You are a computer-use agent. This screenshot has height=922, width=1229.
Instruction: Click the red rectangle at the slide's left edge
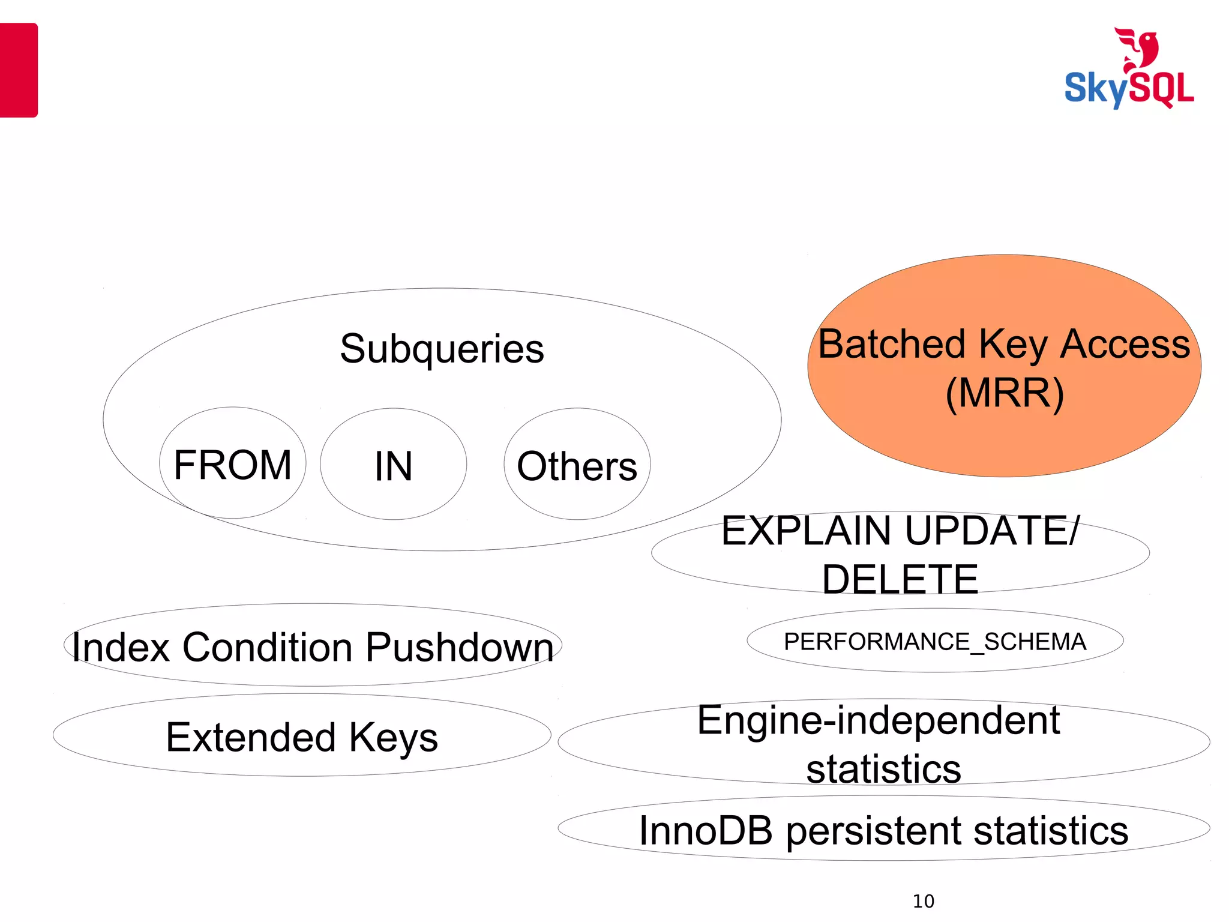coord(18,70)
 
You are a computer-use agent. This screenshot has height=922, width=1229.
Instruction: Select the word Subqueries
coord(442,349)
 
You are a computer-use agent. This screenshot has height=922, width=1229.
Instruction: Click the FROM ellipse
coord(233,463)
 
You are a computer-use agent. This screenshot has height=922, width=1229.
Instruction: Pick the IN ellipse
coord(393,465)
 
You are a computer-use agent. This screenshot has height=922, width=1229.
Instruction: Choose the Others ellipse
coord(577,465)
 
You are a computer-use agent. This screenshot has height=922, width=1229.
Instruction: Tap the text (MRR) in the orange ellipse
coord(1004,394)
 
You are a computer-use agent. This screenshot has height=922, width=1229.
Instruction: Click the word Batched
coord(892,345)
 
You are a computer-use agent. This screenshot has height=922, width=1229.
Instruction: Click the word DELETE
coord(900,580)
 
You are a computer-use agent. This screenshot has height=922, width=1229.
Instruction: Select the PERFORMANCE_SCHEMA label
coord(934,642)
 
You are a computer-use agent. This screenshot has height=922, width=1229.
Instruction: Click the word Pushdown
coord(460,648)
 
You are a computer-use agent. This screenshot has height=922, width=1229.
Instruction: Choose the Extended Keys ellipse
coord(302,737)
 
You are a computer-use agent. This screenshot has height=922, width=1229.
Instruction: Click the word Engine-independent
coord(878,721)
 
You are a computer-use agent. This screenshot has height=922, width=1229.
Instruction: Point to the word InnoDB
coord(705,831)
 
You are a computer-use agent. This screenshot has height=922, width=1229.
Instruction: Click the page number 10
coord(923,901)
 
